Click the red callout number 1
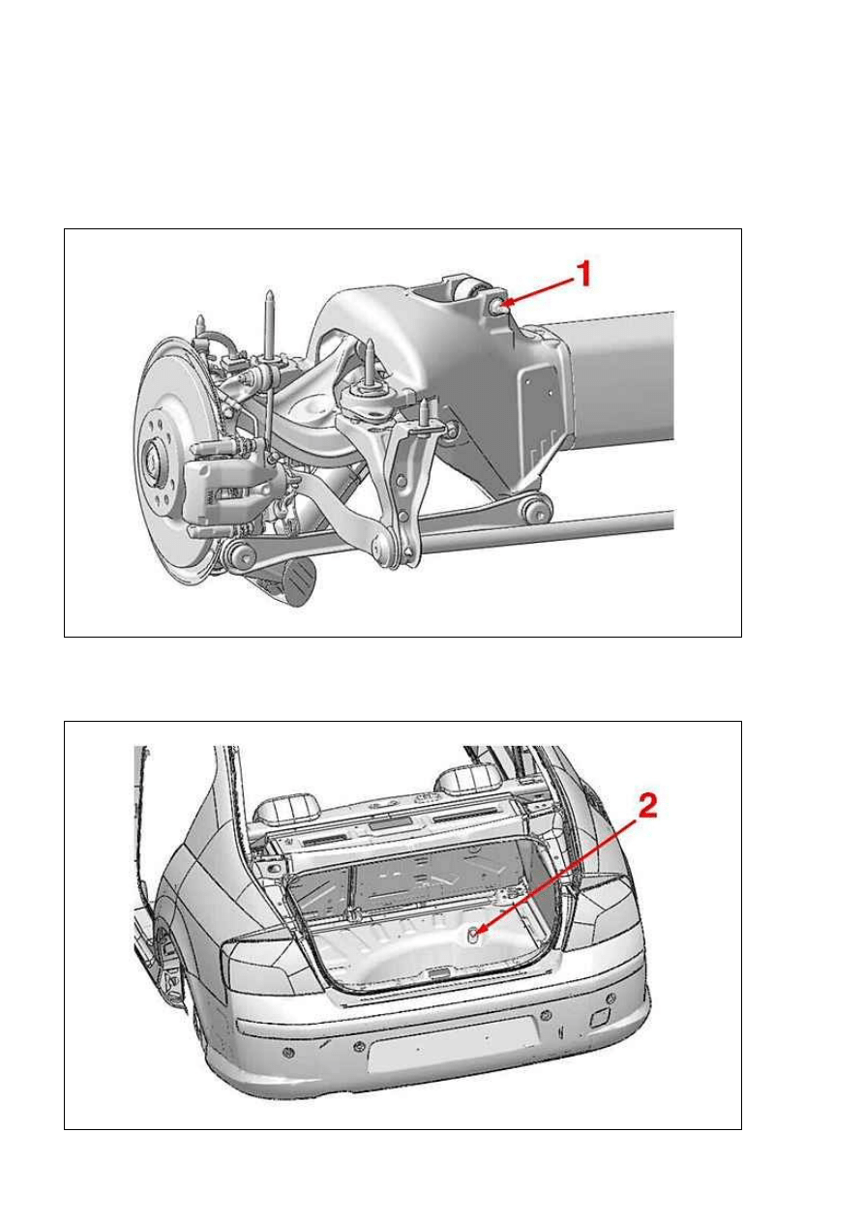(583, 273)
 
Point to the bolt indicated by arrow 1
(498, 307)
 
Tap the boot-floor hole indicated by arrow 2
(472, 937)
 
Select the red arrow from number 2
(556, 879)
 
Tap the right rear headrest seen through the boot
(469, 779)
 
